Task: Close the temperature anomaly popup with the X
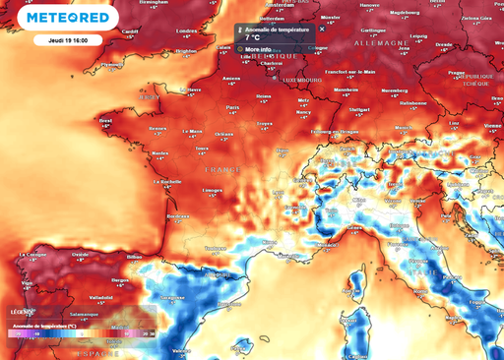(x=321, y=30)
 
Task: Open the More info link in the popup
(x=259, y=48)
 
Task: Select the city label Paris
(x=233, y=107)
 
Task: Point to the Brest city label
(x=106, y=120)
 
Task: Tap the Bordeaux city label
(x=178, y=214)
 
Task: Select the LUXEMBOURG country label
(x=303, y=80)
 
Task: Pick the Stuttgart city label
(x=358, y=110)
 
